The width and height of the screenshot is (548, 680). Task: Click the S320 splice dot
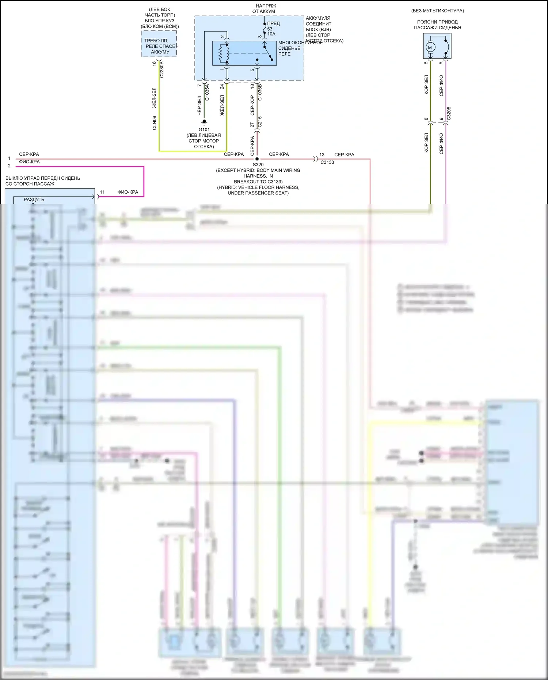point(257,159)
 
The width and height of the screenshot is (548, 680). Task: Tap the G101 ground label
point(204,130)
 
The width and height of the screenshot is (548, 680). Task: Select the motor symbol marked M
point(430,48)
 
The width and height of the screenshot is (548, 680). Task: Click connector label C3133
point(327,162)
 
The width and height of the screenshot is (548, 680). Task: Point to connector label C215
point(260,122)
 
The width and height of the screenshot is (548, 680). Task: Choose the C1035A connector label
point(207,92)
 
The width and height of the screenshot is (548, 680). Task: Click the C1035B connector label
point(260,92)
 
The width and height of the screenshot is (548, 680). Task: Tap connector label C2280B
point(162,69)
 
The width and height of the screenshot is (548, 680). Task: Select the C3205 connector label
point(449,113)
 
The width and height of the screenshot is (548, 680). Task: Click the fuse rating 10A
point(271,34)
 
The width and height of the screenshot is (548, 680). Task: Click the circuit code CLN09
point(155,123)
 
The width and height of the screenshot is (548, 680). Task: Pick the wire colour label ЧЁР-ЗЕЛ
point(199,106)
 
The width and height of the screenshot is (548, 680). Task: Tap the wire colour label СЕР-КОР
point(252,105)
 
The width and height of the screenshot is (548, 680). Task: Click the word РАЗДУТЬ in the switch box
point(34,200)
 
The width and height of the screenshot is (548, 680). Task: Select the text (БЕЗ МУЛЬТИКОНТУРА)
point(437,11)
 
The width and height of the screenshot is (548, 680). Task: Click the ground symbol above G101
point(204,122)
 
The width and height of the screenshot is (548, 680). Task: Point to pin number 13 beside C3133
point(321,155)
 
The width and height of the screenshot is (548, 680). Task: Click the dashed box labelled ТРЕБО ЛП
point(159,44)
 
